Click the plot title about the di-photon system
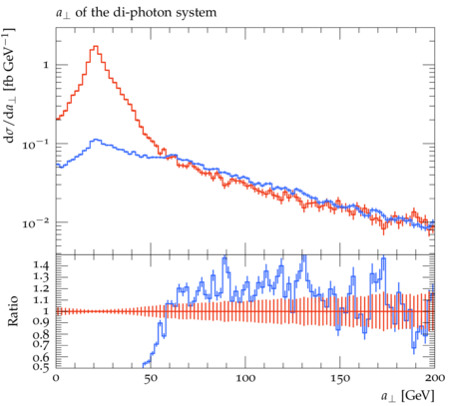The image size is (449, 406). click(136, 13)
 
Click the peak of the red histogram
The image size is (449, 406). click(96, 46)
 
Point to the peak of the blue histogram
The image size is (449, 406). click(96, 140)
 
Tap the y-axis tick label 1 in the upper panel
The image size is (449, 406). click(46, 65)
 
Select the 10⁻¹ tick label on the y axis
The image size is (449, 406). click(35, 144)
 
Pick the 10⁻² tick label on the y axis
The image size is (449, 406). click(35, 222)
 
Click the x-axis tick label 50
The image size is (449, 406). click(151, 378)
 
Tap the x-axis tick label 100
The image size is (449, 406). click(245, 378)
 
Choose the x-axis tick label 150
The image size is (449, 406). click(340, 378)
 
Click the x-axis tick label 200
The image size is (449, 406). click(435, 378)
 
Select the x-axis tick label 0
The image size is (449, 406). click(56, 378)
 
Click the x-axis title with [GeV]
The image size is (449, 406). click(407, 396)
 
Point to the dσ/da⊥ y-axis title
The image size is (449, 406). click(10, 86)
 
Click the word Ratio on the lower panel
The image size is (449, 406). click(12, 311)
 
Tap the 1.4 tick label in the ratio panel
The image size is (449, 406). click(41, 265)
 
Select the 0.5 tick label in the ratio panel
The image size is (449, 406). click(41, 366)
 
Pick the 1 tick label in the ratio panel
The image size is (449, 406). click(46, 311)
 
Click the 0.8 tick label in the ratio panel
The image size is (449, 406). click(41, 333)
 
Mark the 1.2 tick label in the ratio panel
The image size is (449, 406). click(41, 288)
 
